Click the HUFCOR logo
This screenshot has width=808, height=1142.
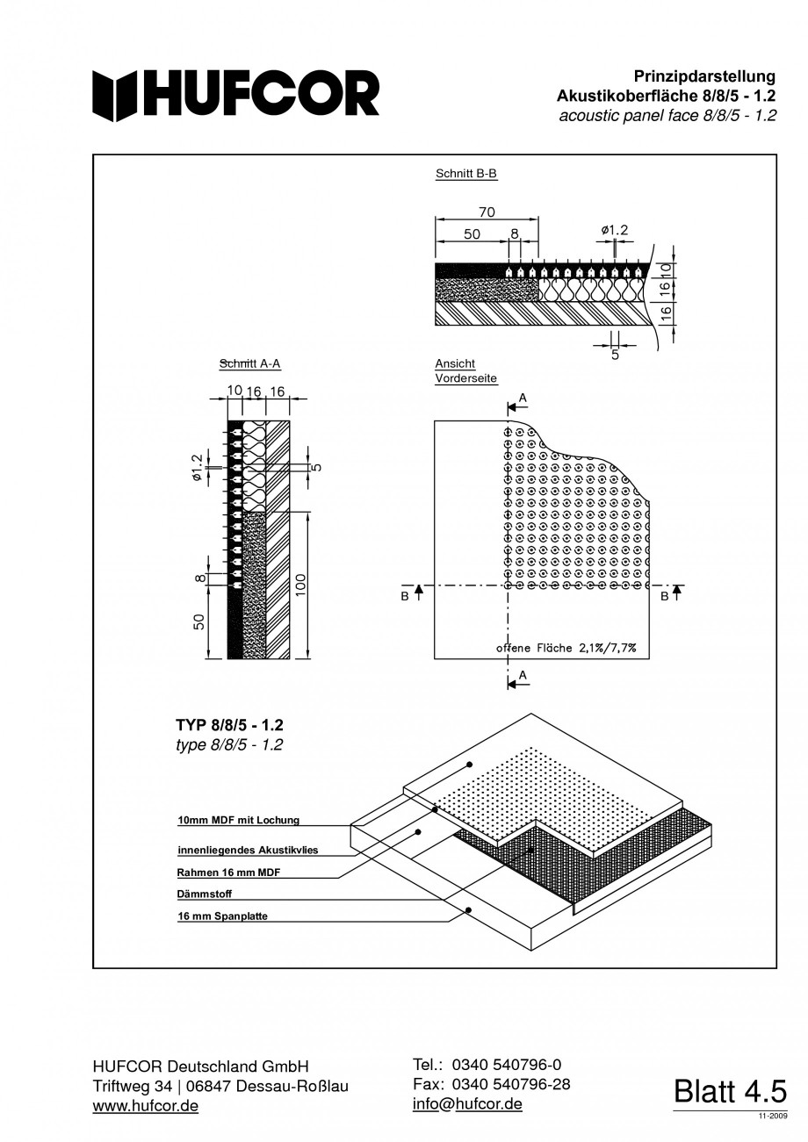pyautogui.click(x=236, y=95)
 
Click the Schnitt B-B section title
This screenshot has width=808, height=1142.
pyautogui.click(x=466, y=174)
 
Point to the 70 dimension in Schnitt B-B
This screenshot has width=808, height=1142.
pyautogui.click(x=487, y=212)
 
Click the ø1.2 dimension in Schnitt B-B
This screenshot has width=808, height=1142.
pyautogui.click(x=615, y=230)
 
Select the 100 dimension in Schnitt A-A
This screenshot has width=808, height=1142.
pyautogui.click(x=300, y=585)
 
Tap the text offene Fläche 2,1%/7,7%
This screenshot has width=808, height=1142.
pyautogui.click(x=566, y=648)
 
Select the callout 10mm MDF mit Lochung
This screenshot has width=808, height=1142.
pyautogui.click(x=238, y=820)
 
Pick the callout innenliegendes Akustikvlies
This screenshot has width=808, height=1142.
pyautogui.click(x=248, y=850)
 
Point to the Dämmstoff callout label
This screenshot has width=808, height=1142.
pyautogui.click(x=205, y=894)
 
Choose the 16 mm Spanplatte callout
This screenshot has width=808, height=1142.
pyautogui.click(x=222, y=916)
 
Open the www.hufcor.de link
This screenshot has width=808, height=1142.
pyautogui.click(x=145, y=1106)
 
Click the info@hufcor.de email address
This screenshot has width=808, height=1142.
pyautogui.click(x=467, y=1103)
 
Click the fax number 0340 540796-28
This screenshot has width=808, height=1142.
pyautogui.click(x=510, y=1084)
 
